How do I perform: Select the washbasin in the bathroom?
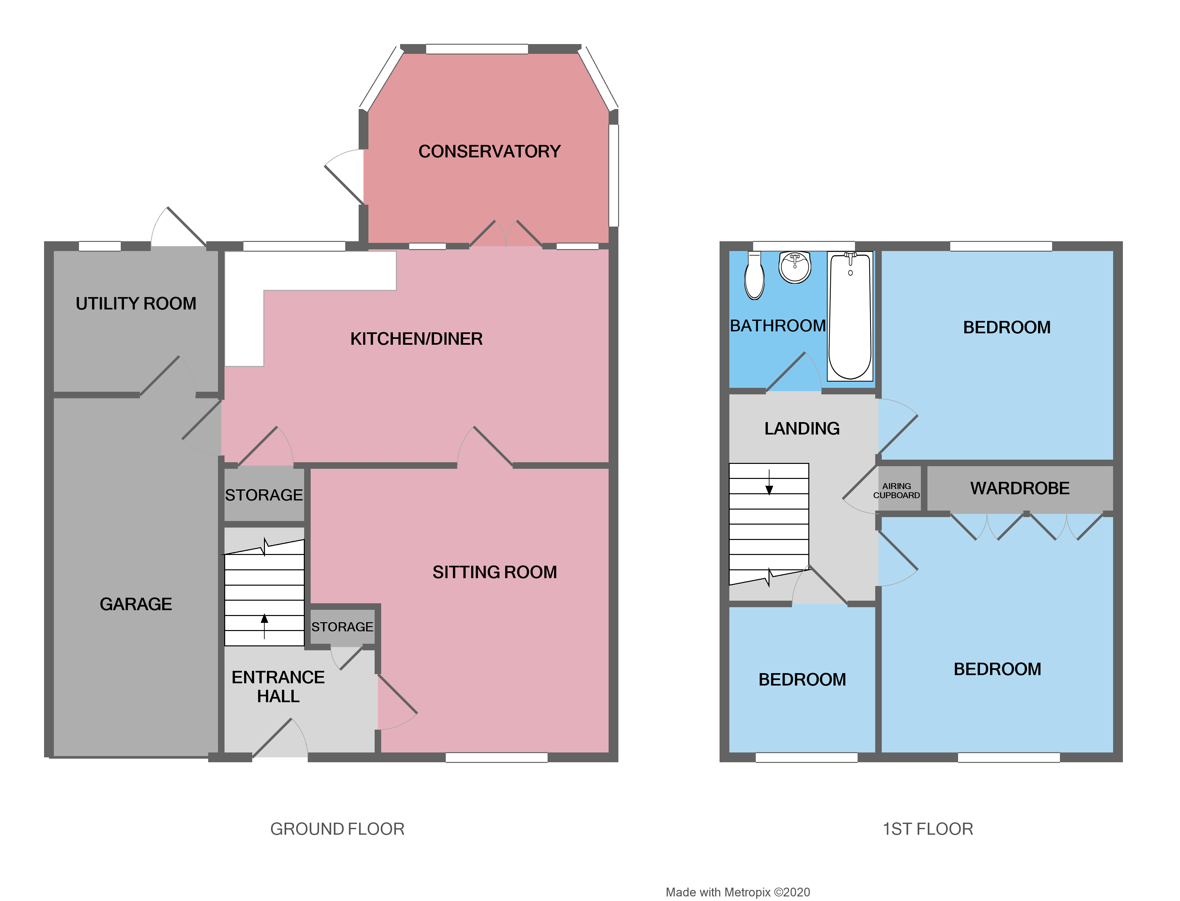pos(795,267)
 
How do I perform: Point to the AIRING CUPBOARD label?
pos(896,491)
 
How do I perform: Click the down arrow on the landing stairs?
pos(769,483)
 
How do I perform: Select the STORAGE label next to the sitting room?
pos(342,627)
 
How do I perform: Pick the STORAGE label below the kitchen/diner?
pos(264,495)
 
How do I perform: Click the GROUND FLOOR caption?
pos(337,829)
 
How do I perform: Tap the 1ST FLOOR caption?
pos(927,829)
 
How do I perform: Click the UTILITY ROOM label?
pos(136,304)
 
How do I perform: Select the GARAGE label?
pos(136,605)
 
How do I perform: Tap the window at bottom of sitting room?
pos(496,757)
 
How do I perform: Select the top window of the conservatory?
pos(477,49)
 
